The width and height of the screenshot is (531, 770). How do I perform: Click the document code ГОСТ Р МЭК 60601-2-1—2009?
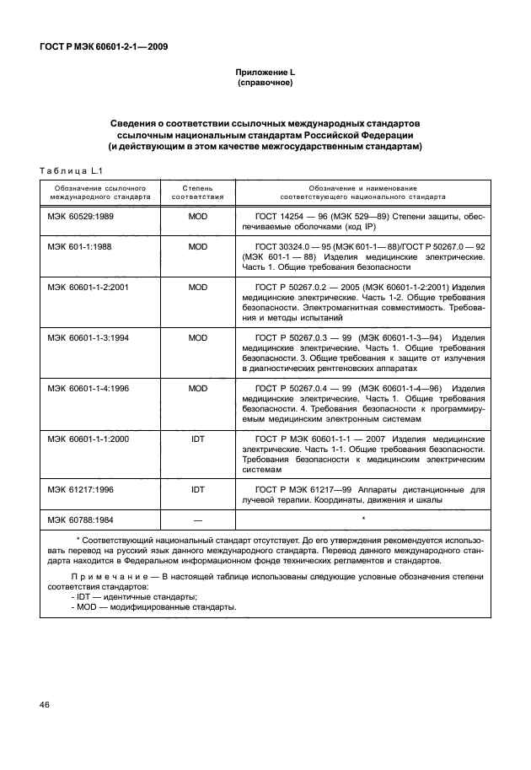tap(103, 46)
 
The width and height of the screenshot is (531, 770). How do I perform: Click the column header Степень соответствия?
tap(198, 193)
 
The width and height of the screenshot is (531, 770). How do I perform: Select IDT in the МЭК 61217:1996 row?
tap(198, 488)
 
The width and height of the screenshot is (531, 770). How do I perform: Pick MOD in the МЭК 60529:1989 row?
tap(198, 217)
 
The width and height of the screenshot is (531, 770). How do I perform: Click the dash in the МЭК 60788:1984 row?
tap(198, 519)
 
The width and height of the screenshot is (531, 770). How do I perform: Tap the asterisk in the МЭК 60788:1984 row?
tap(362, 518)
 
